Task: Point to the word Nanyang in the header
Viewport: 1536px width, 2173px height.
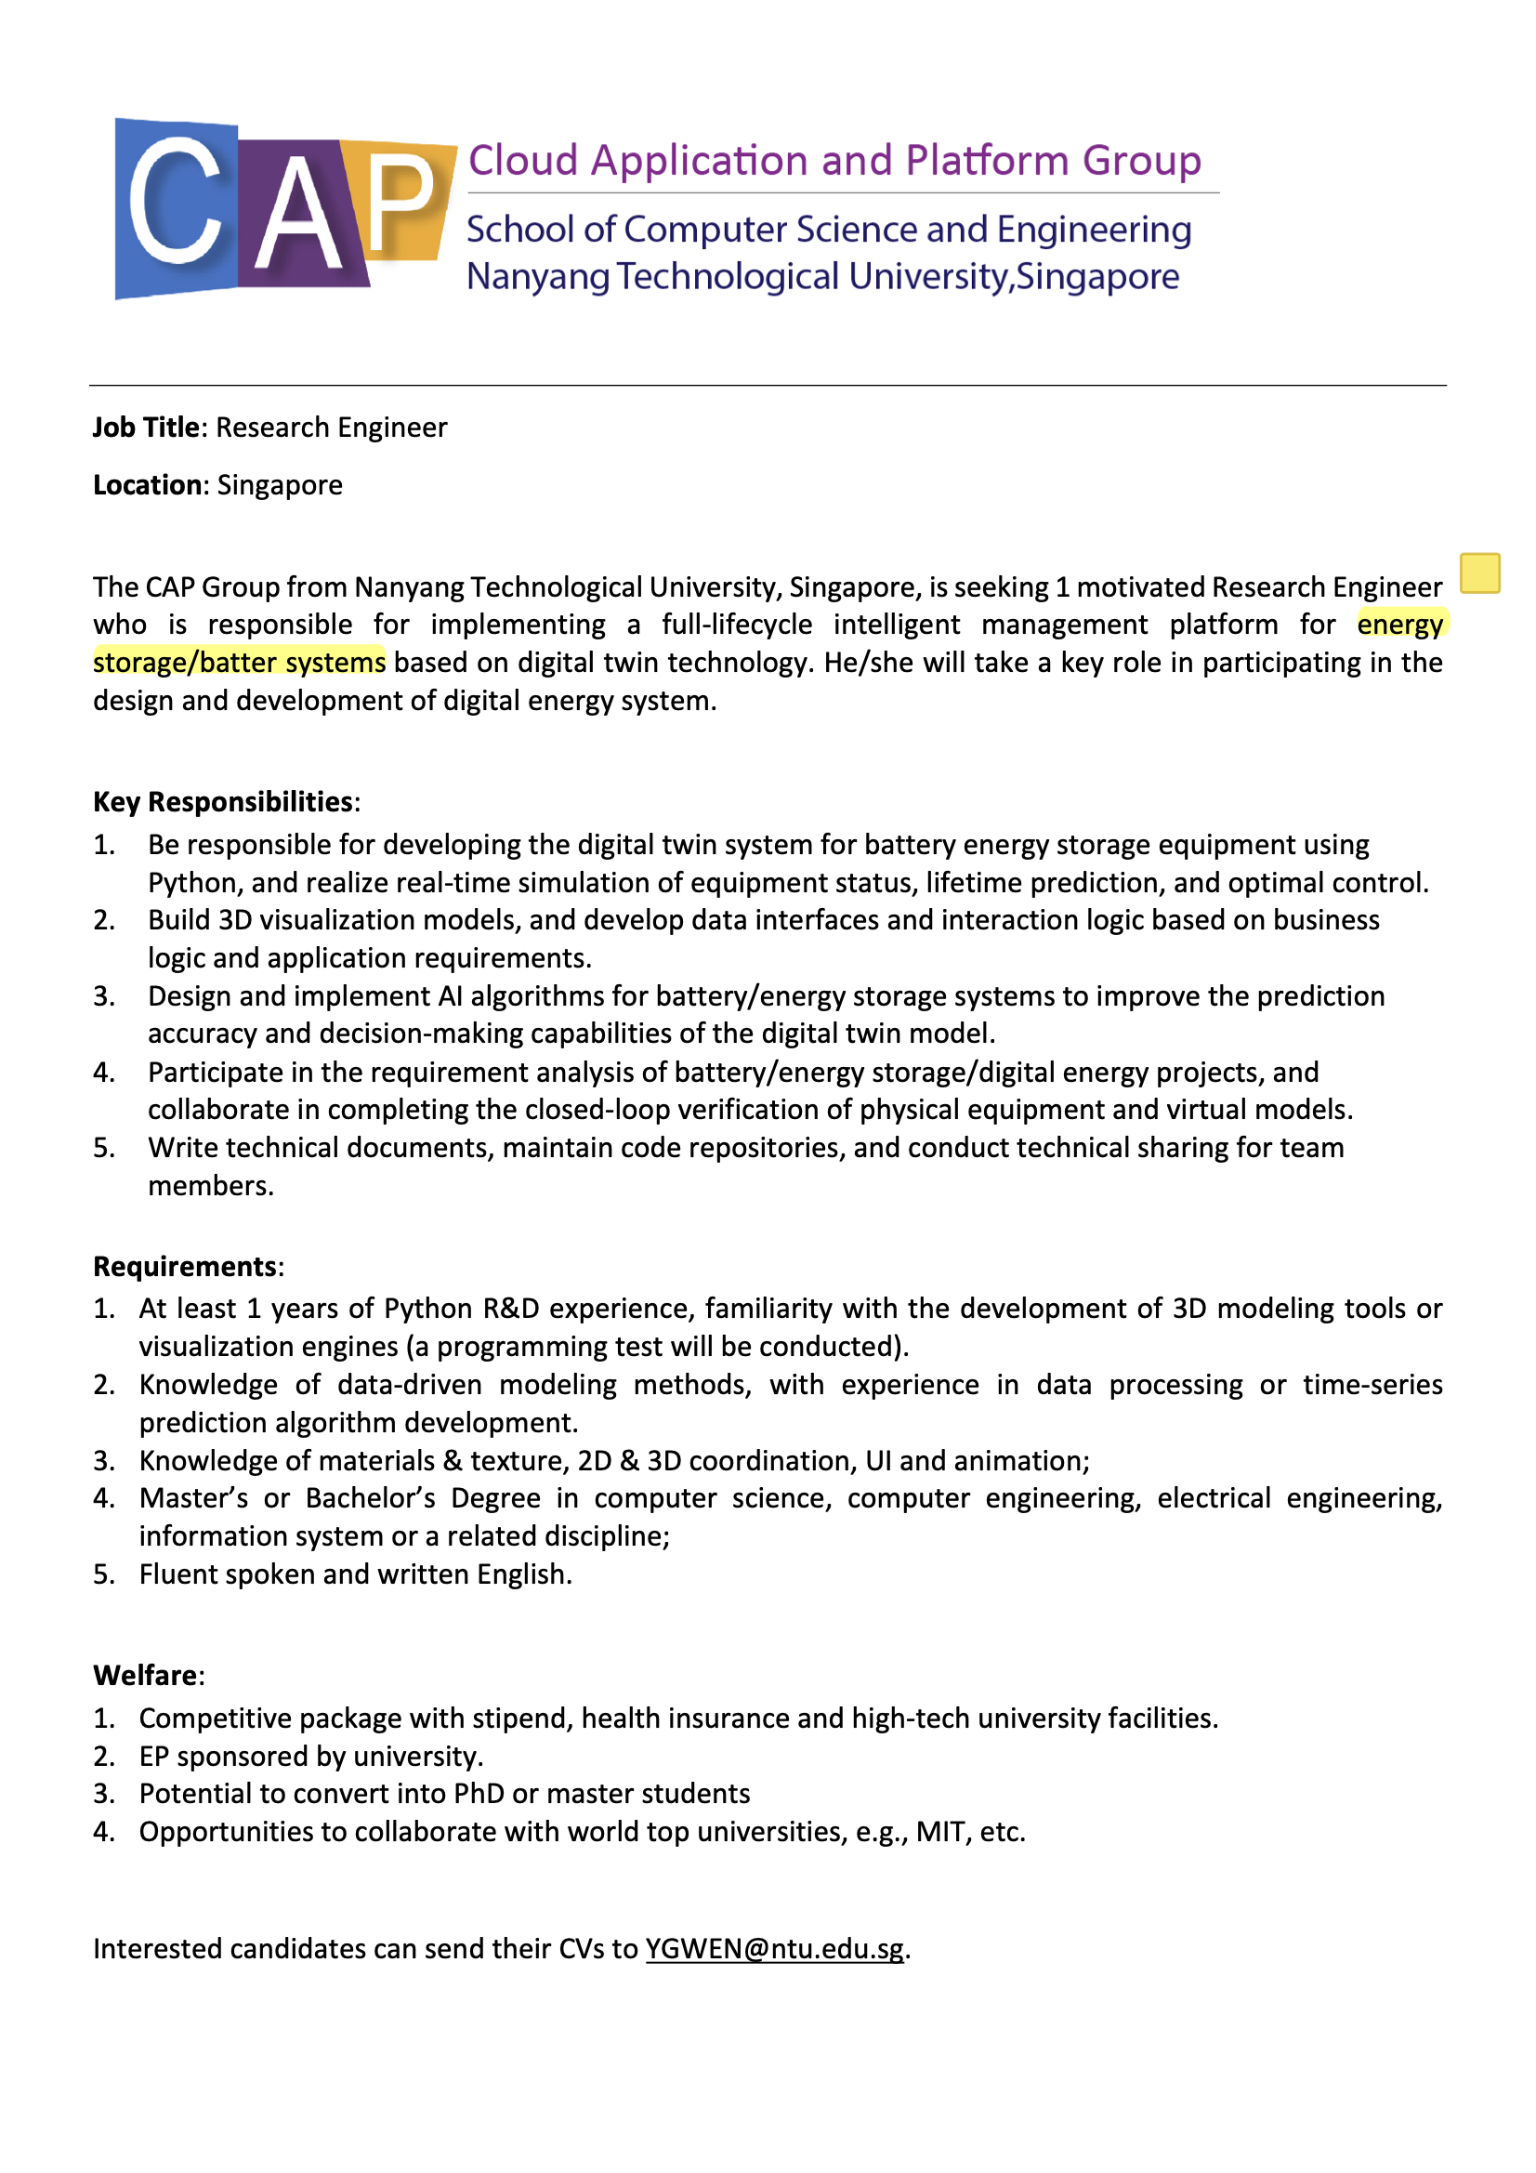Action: (x=536, y=277)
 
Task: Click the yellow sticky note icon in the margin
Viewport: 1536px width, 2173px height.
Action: (x=1479, y=573)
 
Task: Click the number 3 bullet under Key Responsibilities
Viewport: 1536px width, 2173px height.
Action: (x=104, y=996)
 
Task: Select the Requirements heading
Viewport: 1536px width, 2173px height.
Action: (x=186, y=1267)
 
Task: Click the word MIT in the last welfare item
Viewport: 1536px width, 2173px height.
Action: (x=939, y=1832)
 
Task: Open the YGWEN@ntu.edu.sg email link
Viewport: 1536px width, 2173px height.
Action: (x=774, y=1950)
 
